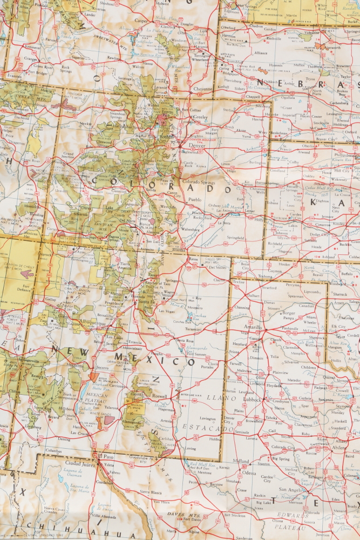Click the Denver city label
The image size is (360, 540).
(x=198, y=145)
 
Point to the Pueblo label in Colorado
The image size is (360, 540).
(x=194, y=200)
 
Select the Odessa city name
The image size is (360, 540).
(x=249, y=473)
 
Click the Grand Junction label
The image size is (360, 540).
(x=68, y=156)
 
